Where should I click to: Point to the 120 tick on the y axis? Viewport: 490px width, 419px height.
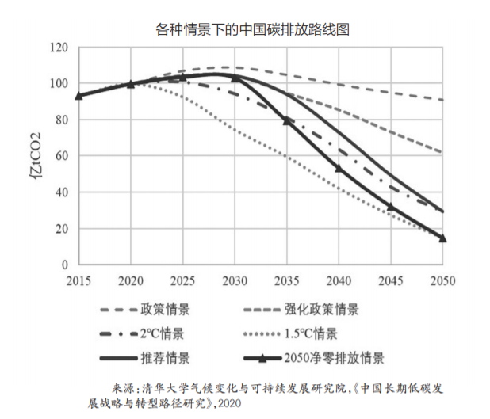click(x=58, y=48)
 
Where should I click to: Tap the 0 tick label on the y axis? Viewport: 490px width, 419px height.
click(x=65, y=265)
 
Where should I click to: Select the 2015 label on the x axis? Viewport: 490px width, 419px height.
click(x=78, y=282)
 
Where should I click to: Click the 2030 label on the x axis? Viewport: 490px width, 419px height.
click(x=235, y=282)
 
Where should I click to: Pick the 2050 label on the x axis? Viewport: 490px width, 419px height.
click(x=442, y=282)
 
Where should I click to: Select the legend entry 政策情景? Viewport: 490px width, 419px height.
click(x=165, y=309)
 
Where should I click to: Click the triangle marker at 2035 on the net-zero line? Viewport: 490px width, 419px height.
click(x=288, y=120)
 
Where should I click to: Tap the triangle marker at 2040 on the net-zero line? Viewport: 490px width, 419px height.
click(x=339, y=168)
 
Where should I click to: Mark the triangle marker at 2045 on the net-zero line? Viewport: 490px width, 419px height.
click(x=390, y=207)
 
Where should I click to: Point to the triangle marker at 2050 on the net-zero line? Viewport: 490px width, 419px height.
click(x=442, y=238)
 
